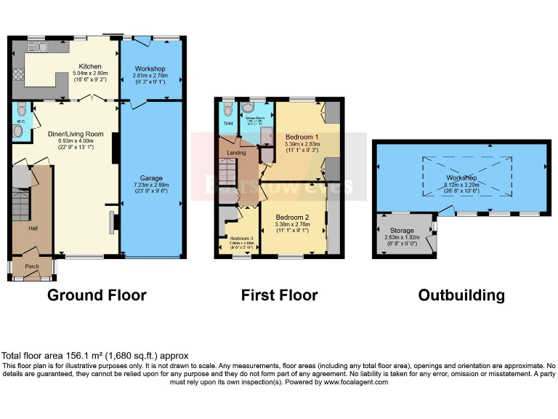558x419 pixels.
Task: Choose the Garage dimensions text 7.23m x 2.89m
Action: click(x=151, y=185)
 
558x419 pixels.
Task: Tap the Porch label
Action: click(x=32, y=266)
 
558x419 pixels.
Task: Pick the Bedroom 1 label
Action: click(x=299, y=137)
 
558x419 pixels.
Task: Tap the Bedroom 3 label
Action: click(x=240, y=238)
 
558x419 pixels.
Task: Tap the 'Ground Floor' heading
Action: click(x=97, y=295)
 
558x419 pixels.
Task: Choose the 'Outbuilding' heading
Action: click(x=461, y=295)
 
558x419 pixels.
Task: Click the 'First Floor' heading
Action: click(x=279, y=295)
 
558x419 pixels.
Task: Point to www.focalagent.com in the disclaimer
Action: click(x=355, y=382)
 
